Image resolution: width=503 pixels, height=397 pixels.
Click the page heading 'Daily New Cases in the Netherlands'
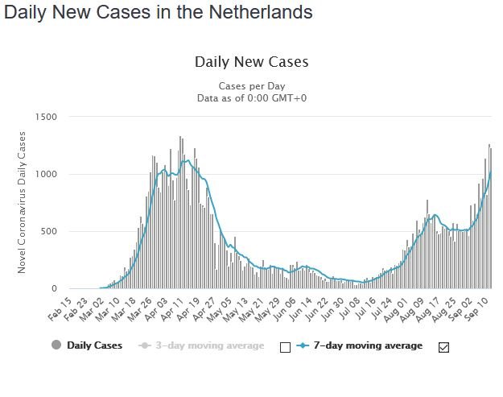pyautogui.click(x=158, y=14)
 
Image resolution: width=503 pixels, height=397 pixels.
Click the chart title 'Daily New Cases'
pyautogui.click(x=251, y=62)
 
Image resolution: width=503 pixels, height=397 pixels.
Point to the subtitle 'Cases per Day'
pyautogui.click(x=251, y=86)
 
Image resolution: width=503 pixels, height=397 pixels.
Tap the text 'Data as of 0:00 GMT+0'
pyautogui.click(x=251, y=97)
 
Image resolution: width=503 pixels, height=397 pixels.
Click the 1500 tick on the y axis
pyautogui.click(x=46, y=117)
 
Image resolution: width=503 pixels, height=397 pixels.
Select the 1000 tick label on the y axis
pyautogui.click(x=46, y=174)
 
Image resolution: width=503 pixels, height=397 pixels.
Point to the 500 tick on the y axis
pyautogui.click(x=49, y=231)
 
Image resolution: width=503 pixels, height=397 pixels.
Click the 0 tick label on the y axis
pyautogui.click(x=54, y=288)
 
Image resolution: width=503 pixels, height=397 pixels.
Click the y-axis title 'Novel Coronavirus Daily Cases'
pyautogui.click(x=22, y=202)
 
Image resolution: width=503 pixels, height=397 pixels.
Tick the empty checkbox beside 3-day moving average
pyautogui.click(x=283, y=347)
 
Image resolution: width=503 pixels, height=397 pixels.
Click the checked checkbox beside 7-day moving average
pyautogui.click(x=443, y=347)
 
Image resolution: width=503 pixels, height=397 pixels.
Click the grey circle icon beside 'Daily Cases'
pyautogui.click(x=56, y=345)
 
